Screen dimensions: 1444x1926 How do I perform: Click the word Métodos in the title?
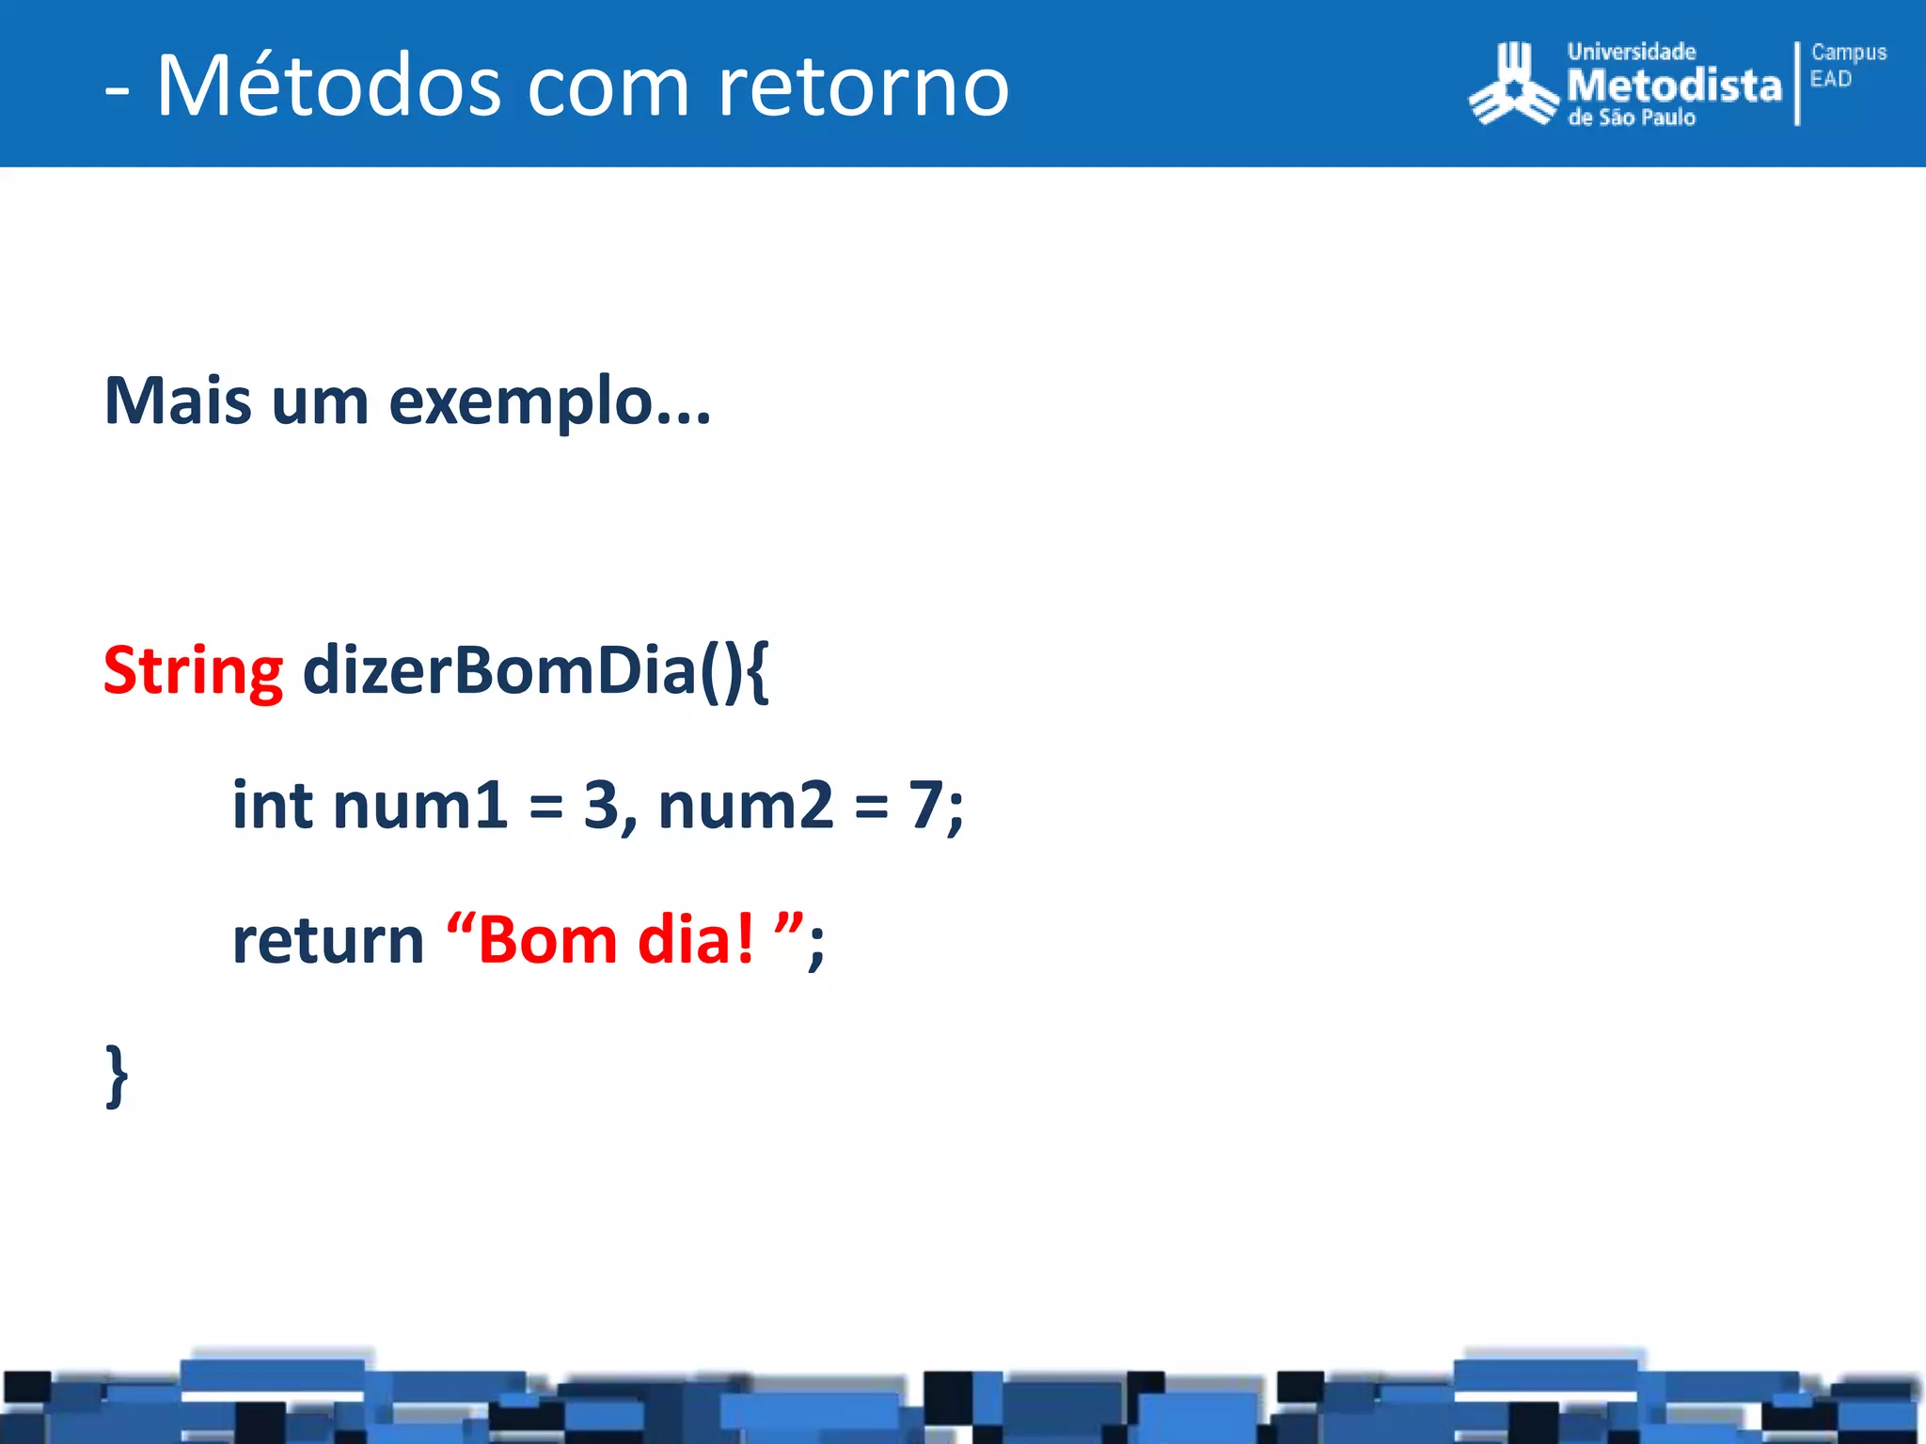coord(328,86)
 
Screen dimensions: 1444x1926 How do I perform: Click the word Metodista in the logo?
coord(1674,86)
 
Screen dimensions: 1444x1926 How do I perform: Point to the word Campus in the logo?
coord(1848,53)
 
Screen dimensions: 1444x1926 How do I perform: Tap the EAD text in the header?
coord(1830,80)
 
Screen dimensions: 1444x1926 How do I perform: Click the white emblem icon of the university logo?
coord(1513,86)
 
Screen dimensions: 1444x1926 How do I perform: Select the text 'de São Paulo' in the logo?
coord(1631,118)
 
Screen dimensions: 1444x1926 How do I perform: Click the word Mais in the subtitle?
coord(178,401)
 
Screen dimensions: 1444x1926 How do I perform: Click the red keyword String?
coord(193,673)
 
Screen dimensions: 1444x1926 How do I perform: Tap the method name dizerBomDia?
coord(498,671)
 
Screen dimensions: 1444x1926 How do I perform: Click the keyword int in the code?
coord(272,806)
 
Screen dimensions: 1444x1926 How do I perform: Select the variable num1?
coord(419,808)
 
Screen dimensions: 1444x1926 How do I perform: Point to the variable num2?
coord(745,808)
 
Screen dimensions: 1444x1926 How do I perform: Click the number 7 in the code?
coord(925,806)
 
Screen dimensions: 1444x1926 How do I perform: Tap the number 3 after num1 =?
coord(601,806)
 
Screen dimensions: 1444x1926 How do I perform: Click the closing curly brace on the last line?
coord(117,1076)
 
